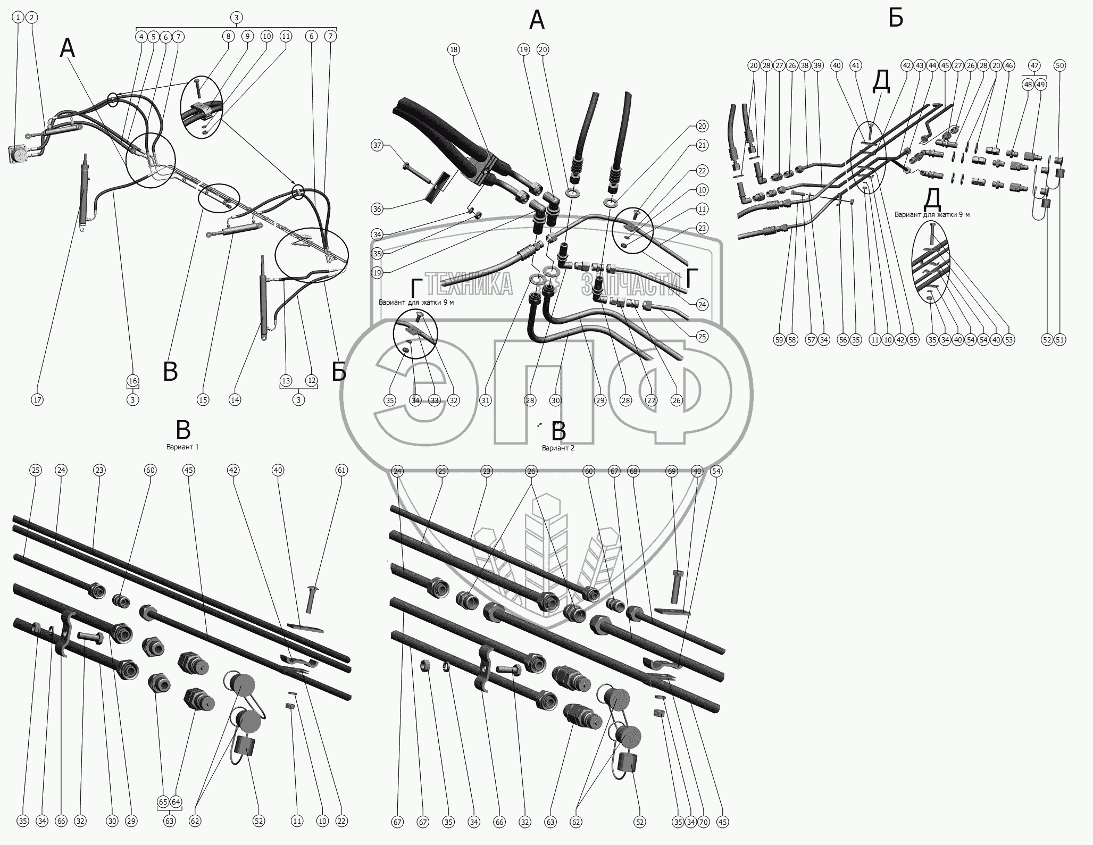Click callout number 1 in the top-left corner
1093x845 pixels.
[19, 18]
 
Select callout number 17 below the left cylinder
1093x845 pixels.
[37, 400]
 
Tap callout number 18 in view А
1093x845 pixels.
[453, 49]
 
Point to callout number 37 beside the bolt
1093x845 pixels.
[377, 145]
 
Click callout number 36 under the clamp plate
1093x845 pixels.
[377, 209]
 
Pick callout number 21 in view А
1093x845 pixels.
[702, 145]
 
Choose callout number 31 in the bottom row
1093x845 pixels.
[485, 400]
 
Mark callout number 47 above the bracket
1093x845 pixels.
[1034, 65]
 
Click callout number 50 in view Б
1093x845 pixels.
[1060, 65]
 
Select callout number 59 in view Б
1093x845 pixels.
[779, 340]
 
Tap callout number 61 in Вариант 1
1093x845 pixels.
[341, 470]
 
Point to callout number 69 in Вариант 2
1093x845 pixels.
[672, 471]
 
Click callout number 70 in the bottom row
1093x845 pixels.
[703, 822]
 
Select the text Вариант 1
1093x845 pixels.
[182, 447]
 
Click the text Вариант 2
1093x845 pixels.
[558, 448]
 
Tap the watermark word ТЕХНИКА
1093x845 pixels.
[469, 285]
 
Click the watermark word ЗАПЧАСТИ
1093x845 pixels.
[631, 285]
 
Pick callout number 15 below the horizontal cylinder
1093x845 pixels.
[203, 400]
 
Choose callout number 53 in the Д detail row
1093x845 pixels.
[1009, 340]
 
